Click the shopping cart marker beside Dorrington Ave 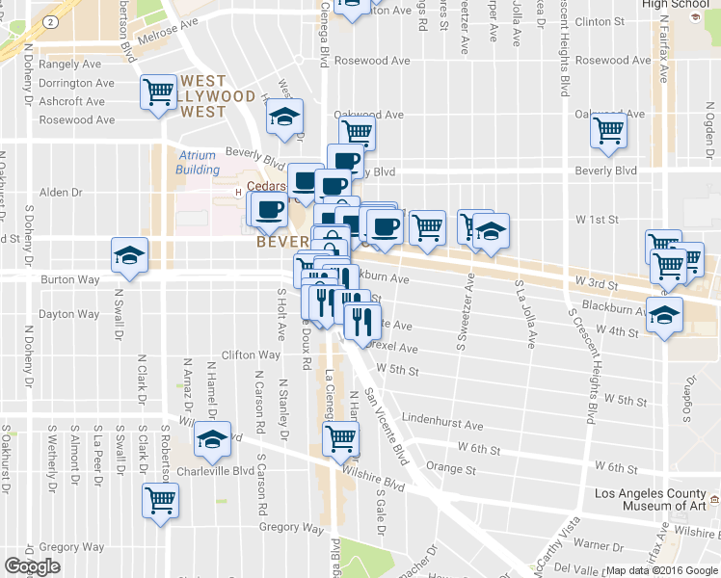(x=158, y=93)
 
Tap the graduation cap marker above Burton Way (x=127, y=256)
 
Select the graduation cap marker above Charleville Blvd (x=210, y=441)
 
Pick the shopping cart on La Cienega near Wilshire (x=340, y=438)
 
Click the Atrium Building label (x=198, y=163)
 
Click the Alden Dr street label (x=61, y=193)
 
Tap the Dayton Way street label (x=68, y=314)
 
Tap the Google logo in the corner (x=32, y=566)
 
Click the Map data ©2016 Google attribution (x=661, y=570)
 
